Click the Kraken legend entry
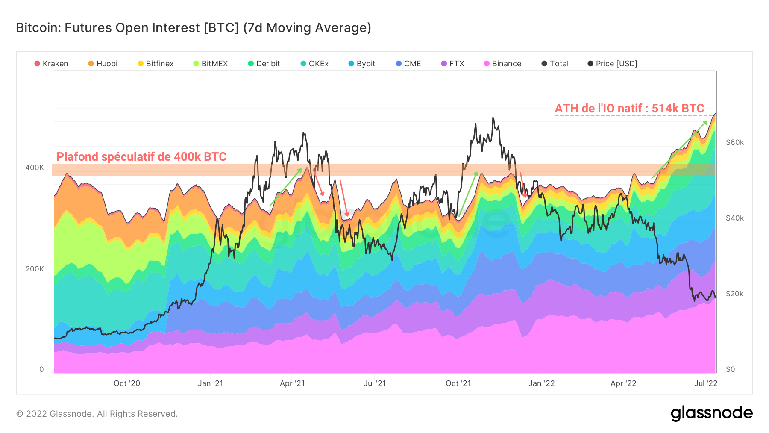(51, 64)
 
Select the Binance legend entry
(502, 64)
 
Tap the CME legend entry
(408, 64)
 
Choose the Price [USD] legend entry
(612, 64)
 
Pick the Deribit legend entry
(264, 64)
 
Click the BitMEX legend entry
(211, 64)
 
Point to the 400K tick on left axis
(35, 168)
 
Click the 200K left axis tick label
(35, 269)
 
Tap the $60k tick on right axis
(735, 142)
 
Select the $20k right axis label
(735, 294)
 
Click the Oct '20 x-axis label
(127, 383)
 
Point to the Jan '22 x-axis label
(541, 383)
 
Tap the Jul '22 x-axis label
(706, 383)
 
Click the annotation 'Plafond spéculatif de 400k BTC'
(141, 157)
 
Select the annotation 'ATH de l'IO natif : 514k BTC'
(629, 109)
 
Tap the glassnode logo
(711, 413)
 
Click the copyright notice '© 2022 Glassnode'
(97, 414)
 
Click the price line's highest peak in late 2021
(493, 118)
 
